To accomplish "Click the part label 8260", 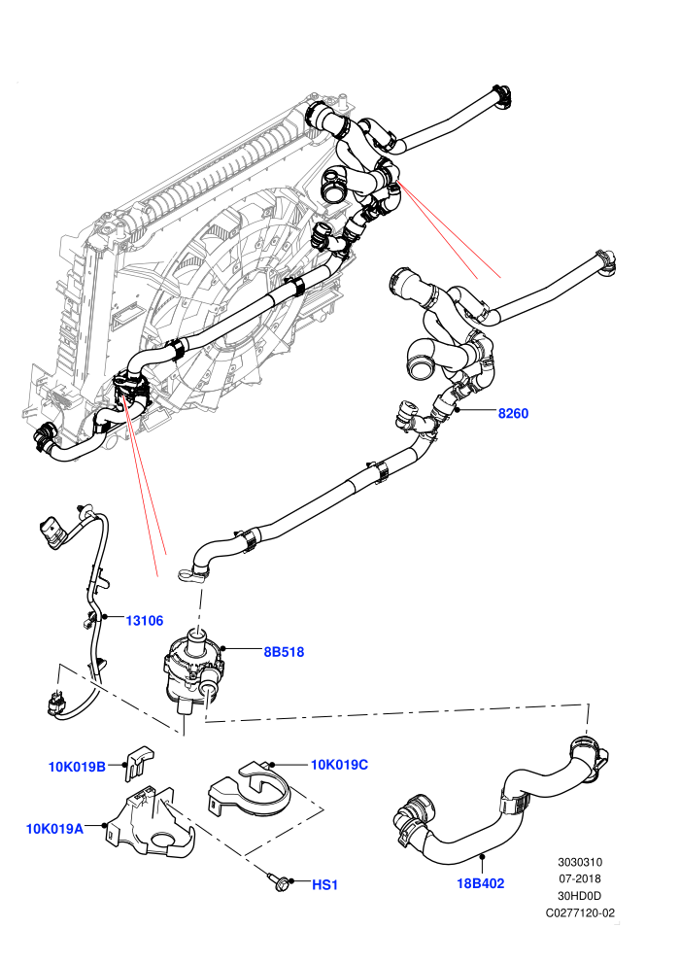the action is pos(513,413).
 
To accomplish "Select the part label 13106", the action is pos(145,620).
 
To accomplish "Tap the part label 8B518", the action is pos(284,652).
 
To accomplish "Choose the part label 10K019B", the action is pos(78,767).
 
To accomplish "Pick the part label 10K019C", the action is pos(339,765).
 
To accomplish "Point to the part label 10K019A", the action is pos(54,829).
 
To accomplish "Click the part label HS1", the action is pos(325,884).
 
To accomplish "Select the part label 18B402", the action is pos(481,883).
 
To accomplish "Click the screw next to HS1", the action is pos(279,881).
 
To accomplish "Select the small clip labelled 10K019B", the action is pos(139,762).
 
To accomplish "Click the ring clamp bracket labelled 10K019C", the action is pos(252,791).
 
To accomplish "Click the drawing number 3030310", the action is pos(579,862).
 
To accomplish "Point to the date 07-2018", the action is pos(579,878).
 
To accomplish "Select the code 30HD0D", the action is pos(579,896).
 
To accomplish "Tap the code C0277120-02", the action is pos(580,912).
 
